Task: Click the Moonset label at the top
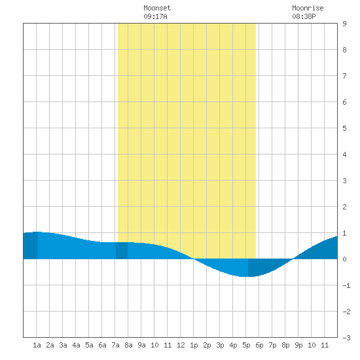(157, 8)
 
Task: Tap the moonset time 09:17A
(155, 16)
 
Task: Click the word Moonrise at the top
(308, 8)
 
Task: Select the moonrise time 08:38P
(304, 16)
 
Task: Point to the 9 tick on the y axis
(344, 24)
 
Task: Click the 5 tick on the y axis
(344, 128)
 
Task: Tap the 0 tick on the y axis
(344, 259)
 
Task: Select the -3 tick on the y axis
(346, 338)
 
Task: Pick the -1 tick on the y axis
(346, 285)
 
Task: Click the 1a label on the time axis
(37, 345)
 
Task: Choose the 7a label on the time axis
(115, 345)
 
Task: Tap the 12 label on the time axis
(181, 345)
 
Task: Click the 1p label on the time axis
(194, 345)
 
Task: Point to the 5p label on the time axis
(246, 345)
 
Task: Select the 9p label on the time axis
(298, 345)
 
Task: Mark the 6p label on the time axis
(259, 345)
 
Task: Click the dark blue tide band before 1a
(31, 245)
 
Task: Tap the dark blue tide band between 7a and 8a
(122, 251)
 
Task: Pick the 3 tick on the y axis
(344, 181)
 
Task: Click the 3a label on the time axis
(63, 345)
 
